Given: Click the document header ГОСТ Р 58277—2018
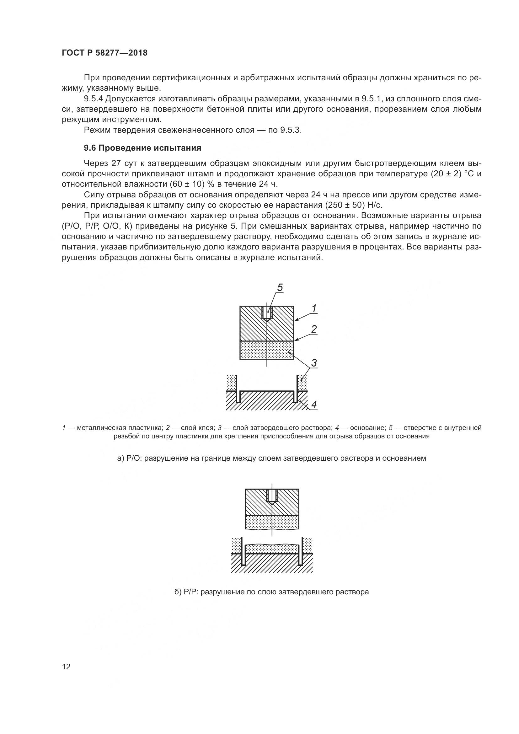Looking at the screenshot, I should click(104, 53).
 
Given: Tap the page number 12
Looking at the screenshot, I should click(66, 667).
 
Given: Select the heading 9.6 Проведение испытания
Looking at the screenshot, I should click(142, 148).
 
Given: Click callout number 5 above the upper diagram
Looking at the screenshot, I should click(280, 288).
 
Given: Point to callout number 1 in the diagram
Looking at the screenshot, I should click(314, 309).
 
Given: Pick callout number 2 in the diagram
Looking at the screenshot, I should click(314, 329).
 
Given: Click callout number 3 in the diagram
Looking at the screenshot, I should click(314, 363).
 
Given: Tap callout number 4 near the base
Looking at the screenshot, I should click(314, 405).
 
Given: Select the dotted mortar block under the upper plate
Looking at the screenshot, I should click(266, 350).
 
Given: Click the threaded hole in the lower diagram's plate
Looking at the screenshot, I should click(272, 496).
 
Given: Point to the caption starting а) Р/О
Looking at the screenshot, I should click(272, 458).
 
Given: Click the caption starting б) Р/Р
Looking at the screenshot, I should click(272, 592).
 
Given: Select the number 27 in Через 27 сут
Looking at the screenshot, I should click(115, 163).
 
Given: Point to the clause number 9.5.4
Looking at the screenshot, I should click(93, 99).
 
